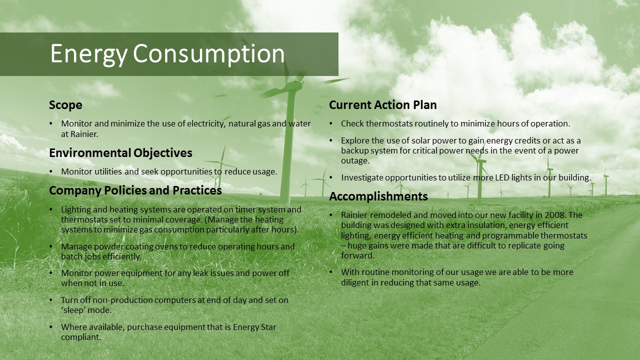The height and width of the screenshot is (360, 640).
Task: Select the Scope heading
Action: (65, 105)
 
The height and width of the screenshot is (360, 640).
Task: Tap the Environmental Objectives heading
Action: (120, 153)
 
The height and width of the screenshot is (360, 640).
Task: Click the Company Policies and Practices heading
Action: (135, 190)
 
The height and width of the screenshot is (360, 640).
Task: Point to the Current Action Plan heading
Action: (383, 105)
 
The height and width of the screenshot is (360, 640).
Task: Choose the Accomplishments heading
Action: (378, 196)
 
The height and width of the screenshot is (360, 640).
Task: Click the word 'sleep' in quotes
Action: (73, 310)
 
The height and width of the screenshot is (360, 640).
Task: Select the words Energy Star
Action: (254, 327)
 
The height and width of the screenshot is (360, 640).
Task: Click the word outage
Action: (355, 161)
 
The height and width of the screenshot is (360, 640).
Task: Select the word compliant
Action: (81, 337)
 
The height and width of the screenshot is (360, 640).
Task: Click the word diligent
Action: (355, 282)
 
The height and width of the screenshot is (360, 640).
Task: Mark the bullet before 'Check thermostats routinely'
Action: (331, 124)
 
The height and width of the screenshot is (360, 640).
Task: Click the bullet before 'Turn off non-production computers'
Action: (51, 300)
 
